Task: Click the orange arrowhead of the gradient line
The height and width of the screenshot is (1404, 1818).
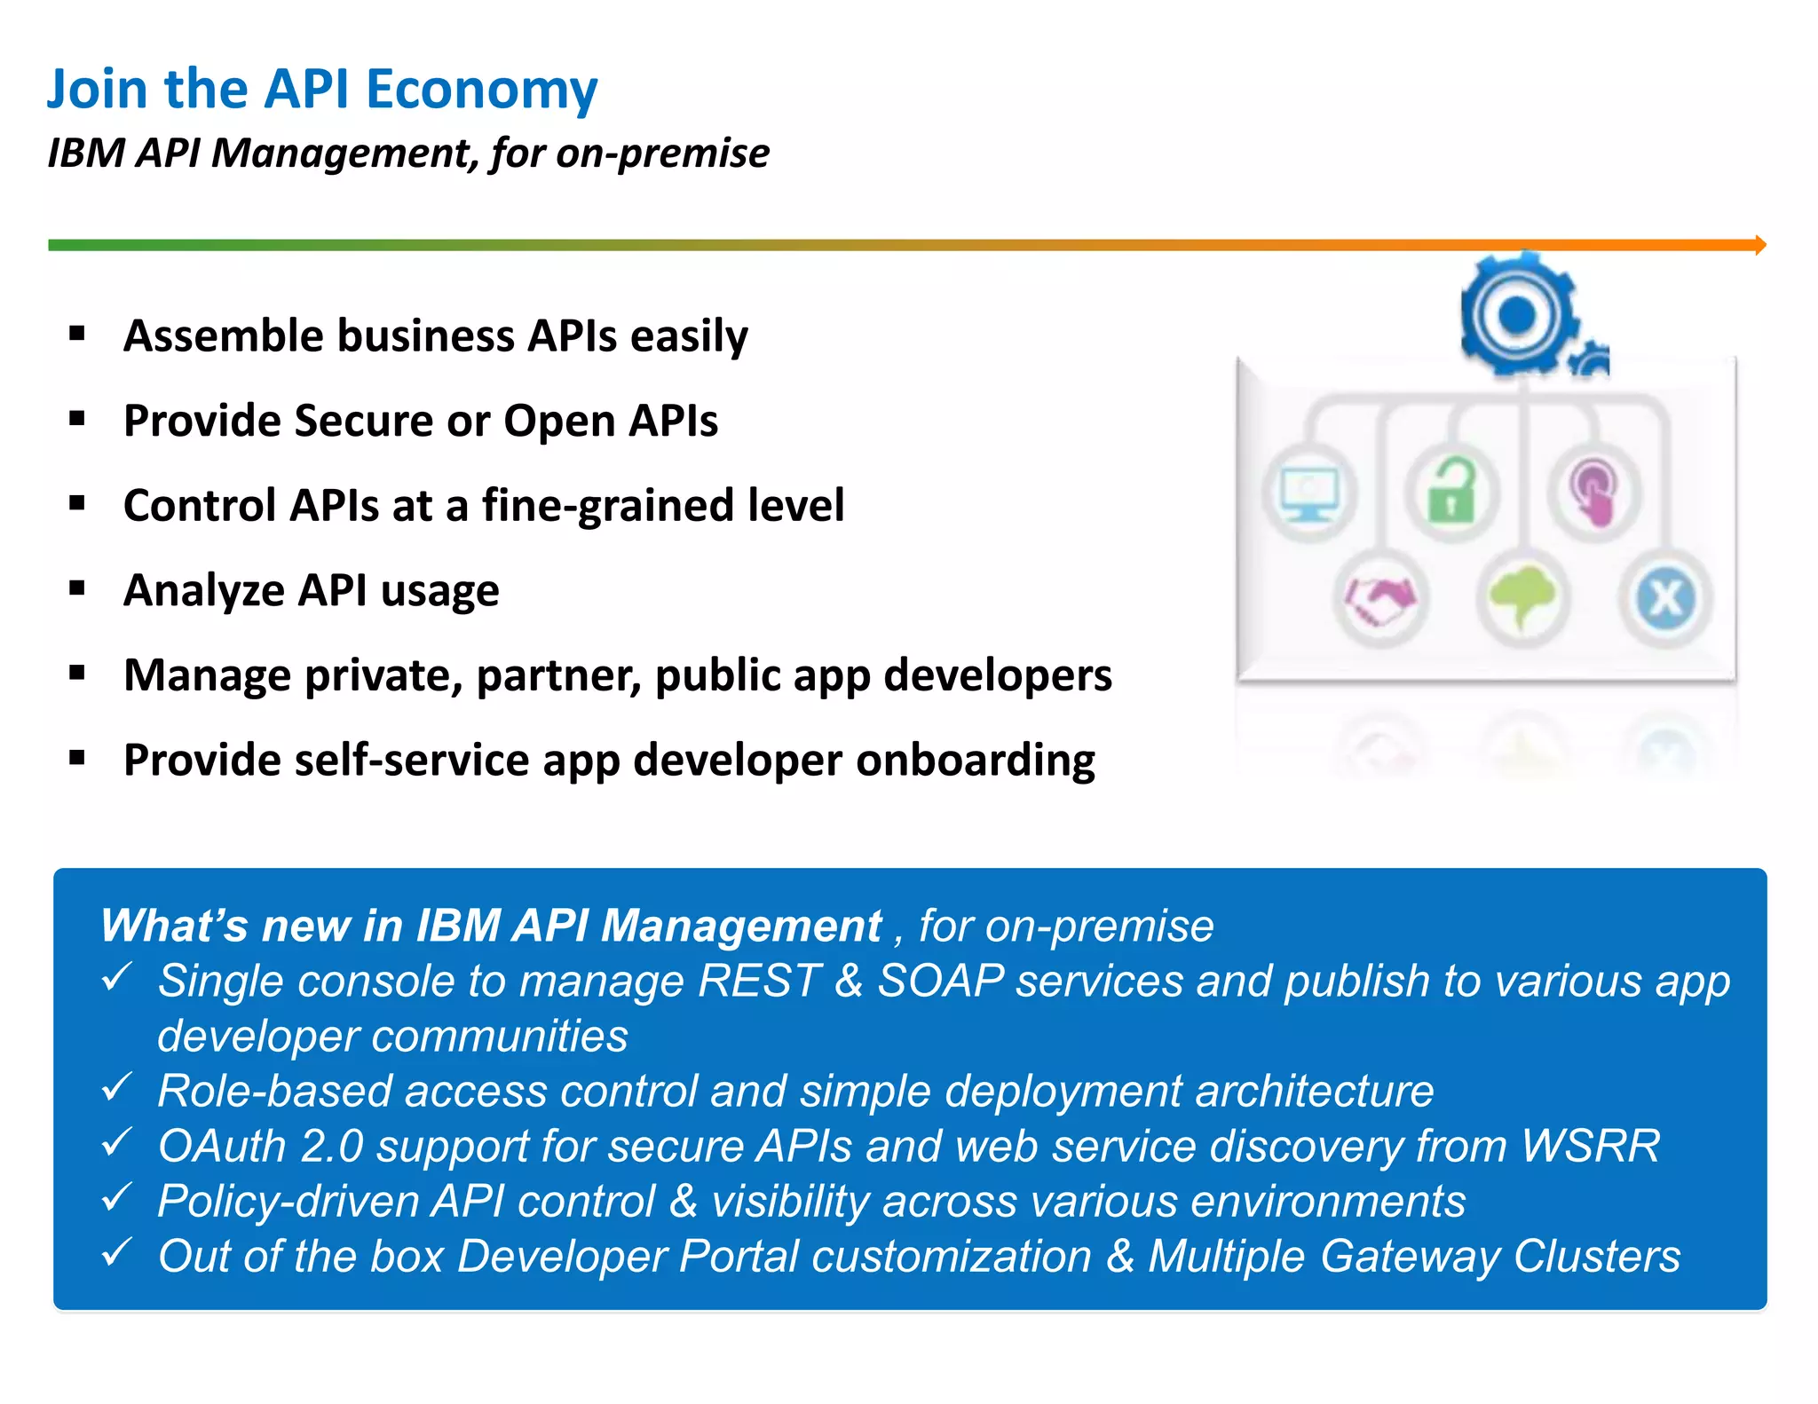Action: pos(1759,245)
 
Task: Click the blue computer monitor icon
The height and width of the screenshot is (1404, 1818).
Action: pos(1308,493)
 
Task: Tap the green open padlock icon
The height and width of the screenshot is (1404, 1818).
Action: pos(1451,492)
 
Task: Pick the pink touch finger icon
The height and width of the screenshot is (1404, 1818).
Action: pos(1594,492)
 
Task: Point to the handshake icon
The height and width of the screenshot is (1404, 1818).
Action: pos(1379,599)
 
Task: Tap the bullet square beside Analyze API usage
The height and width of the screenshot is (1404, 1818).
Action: pos(77,588)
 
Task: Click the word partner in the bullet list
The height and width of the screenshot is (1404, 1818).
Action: pos(558,676)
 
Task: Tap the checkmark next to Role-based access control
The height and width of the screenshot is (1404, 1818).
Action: pos(116,1086)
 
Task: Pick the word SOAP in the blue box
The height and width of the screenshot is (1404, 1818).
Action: pos(941,982)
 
